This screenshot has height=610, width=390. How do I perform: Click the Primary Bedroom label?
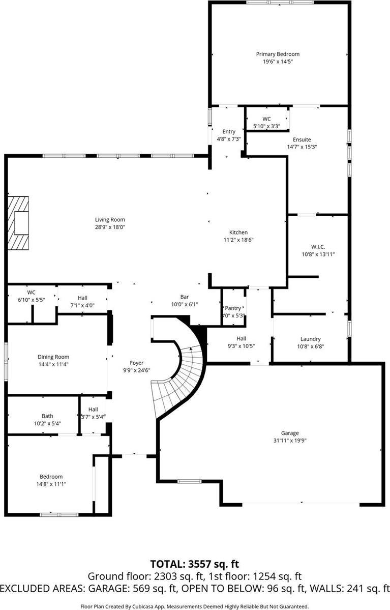278,54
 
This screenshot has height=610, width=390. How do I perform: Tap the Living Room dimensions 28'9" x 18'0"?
110,227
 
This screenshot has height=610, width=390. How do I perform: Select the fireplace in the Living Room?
20,222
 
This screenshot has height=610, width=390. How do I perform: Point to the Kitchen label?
238,233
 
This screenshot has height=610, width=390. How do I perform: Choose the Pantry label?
233,308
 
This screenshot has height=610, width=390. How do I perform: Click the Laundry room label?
310,339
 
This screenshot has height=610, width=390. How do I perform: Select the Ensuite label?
302,139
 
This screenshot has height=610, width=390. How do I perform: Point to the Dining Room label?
53,357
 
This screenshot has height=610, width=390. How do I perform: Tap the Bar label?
185,297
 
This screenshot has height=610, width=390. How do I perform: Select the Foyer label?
136,363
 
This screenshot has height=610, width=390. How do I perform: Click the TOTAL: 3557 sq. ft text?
195,564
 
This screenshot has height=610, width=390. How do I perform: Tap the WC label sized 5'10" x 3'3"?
266,119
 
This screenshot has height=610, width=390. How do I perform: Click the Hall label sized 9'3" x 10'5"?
241,339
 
